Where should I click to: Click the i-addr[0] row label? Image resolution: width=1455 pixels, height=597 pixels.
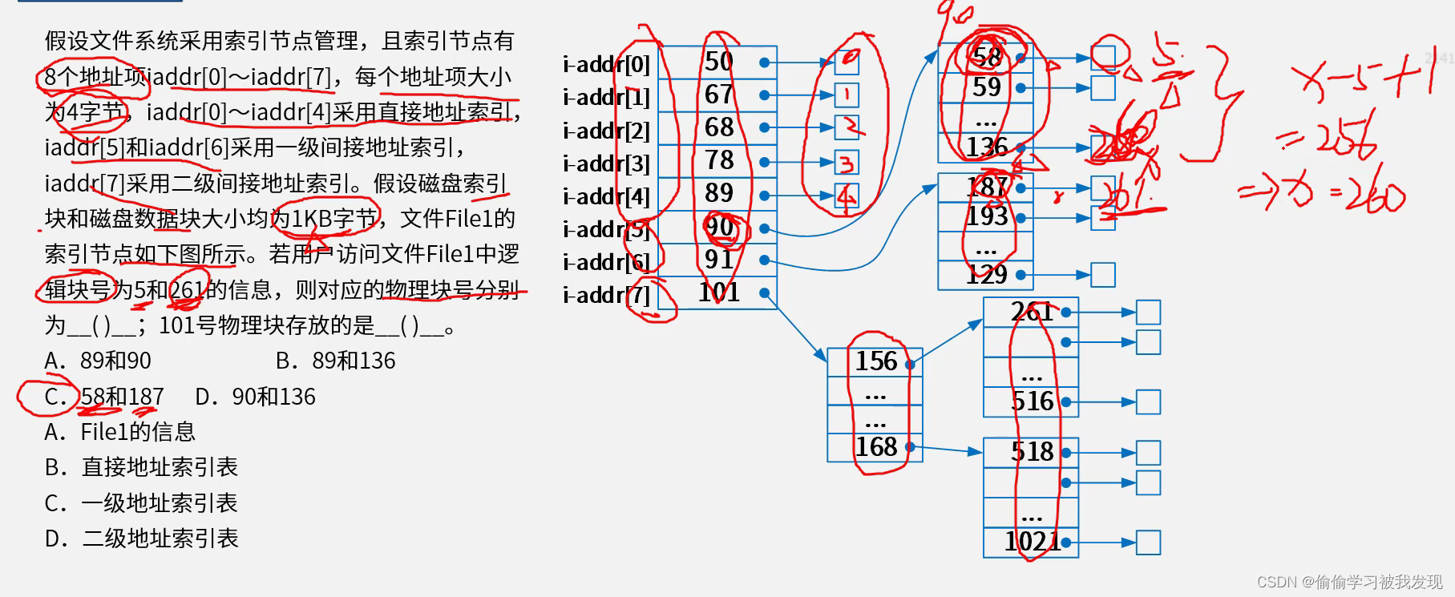[x=607, y=64]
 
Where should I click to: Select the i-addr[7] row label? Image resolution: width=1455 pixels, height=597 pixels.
[x=607, y=295]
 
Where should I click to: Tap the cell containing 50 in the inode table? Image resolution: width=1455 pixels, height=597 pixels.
[x=719, y=62]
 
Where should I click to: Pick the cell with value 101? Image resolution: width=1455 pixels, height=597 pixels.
[x=719, y=292]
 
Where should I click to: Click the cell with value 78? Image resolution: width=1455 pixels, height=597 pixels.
[x=719, y=160]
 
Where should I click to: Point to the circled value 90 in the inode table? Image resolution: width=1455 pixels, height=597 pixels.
[x=719, y=228]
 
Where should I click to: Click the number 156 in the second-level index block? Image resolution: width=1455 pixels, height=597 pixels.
[x=875, y=361]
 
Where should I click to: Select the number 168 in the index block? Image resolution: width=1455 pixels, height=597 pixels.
[x=875, y=446]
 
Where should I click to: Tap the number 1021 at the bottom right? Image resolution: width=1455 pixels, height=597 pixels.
[x=1032, y=542]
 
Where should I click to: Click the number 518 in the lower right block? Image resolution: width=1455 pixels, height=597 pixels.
[x=1032, y=452]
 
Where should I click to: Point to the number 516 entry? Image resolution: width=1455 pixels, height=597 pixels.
[x=1032, y=401]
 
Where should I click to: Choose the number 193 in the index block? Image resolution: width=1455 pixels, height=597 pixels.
[x=987, y=216]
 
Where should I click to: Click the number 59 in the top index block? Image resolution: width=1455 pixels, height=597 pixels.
[x=986, y=87]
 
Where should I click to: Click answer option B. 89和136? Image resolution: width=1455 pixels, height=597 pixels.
[x=336, y=361]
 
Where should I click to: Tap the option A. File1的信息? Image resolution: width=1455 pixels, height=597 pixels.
[x=120, y=433]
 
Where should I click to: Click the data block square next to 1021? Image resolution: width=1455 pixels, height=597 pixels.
[x=1148, y=543]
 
